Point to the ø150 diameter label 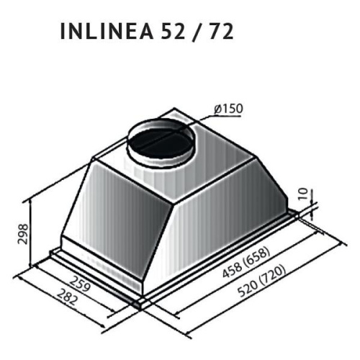click(x=228, y=109)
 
